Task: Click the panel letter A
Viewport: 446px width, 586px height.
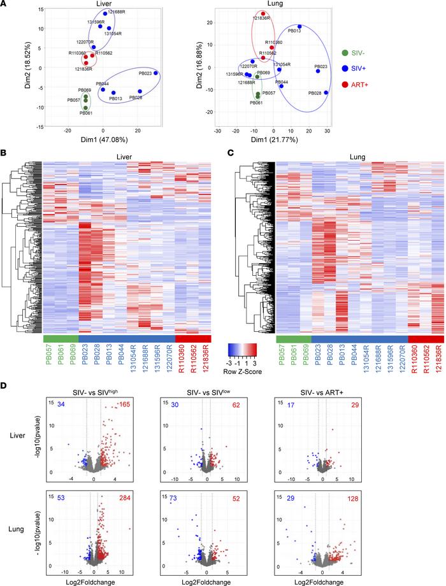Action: click(5, 5)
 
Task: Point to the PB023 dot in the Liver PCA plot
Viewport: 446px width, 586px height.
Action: click(155, 73)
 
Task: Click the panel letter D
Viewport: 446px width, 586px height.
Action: click(5, 385)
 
